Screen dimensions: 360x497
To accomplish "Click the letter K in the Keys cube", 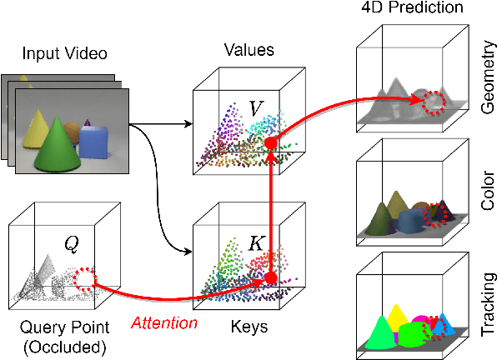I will coord(258,244).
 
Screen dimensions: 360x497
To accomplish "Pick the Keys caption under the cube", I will coord(248,327).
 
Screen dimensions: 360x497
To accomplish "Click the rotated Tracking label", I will coord(487,304).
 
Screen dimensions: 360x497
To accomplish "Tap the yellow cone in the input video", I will coord(37,124).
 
